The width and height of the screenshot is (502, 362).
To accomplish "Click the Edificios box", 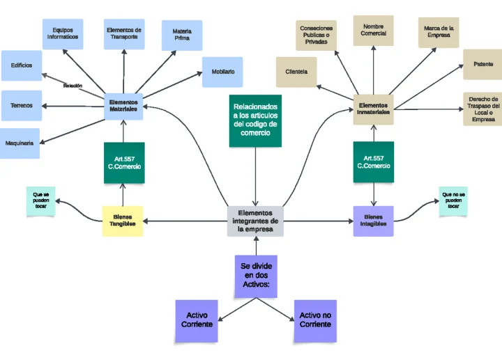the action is coord(22,65).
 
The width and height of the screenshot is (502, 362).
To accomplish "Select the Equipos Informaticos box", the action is coord(63,34).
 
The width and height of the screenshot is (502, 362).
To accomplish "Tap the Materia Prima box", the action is coord(182,36).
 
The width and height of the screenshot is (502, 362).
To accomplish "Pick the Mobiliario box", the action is coord(222,72).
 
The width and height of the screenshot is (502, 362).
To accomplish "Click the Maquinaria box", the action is coord(20,143).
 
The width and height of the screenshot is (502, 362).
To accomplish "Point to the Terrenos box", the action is coord(22,106).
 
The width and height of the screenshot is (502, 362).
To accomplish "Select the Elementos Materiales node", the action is coord(123,107).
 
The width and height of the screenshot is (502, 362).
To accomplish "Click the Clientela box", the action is coord(296,72).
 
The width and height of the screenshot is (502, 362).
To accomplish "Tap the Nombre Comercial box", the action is coord(373,31).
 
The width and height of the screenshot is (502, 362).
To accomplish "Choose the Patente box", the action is coord(483,64).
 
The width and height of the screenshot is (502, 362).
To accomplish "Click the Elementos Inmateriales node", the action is coord(373,109).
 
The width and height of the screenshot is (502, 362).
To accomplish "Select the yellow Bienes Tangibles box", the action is coord(123,221).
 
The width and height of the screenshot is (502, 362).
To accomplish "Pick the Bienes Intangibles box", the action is coord(373,221).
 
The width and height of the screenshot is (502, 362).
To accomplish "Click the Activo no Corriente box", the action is coord(315,321).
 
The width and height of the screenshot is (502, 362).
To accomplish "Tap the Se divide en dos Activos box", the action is coord(256,276).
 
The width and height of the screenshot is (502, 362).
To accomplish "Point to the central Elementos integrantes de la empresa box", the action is coord(255,221).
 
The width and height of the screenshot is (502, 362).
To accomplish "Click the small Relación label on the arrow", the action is coord(73,86).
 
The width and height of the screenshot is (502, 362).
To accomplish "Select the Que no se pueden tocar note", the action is coord(453,200).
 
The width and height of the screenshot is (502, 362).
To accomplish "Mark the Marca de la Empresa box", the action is coord(439,32).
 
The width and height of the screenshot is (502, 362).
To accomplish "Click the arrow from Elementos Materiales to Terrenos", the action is coord(73,107).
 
